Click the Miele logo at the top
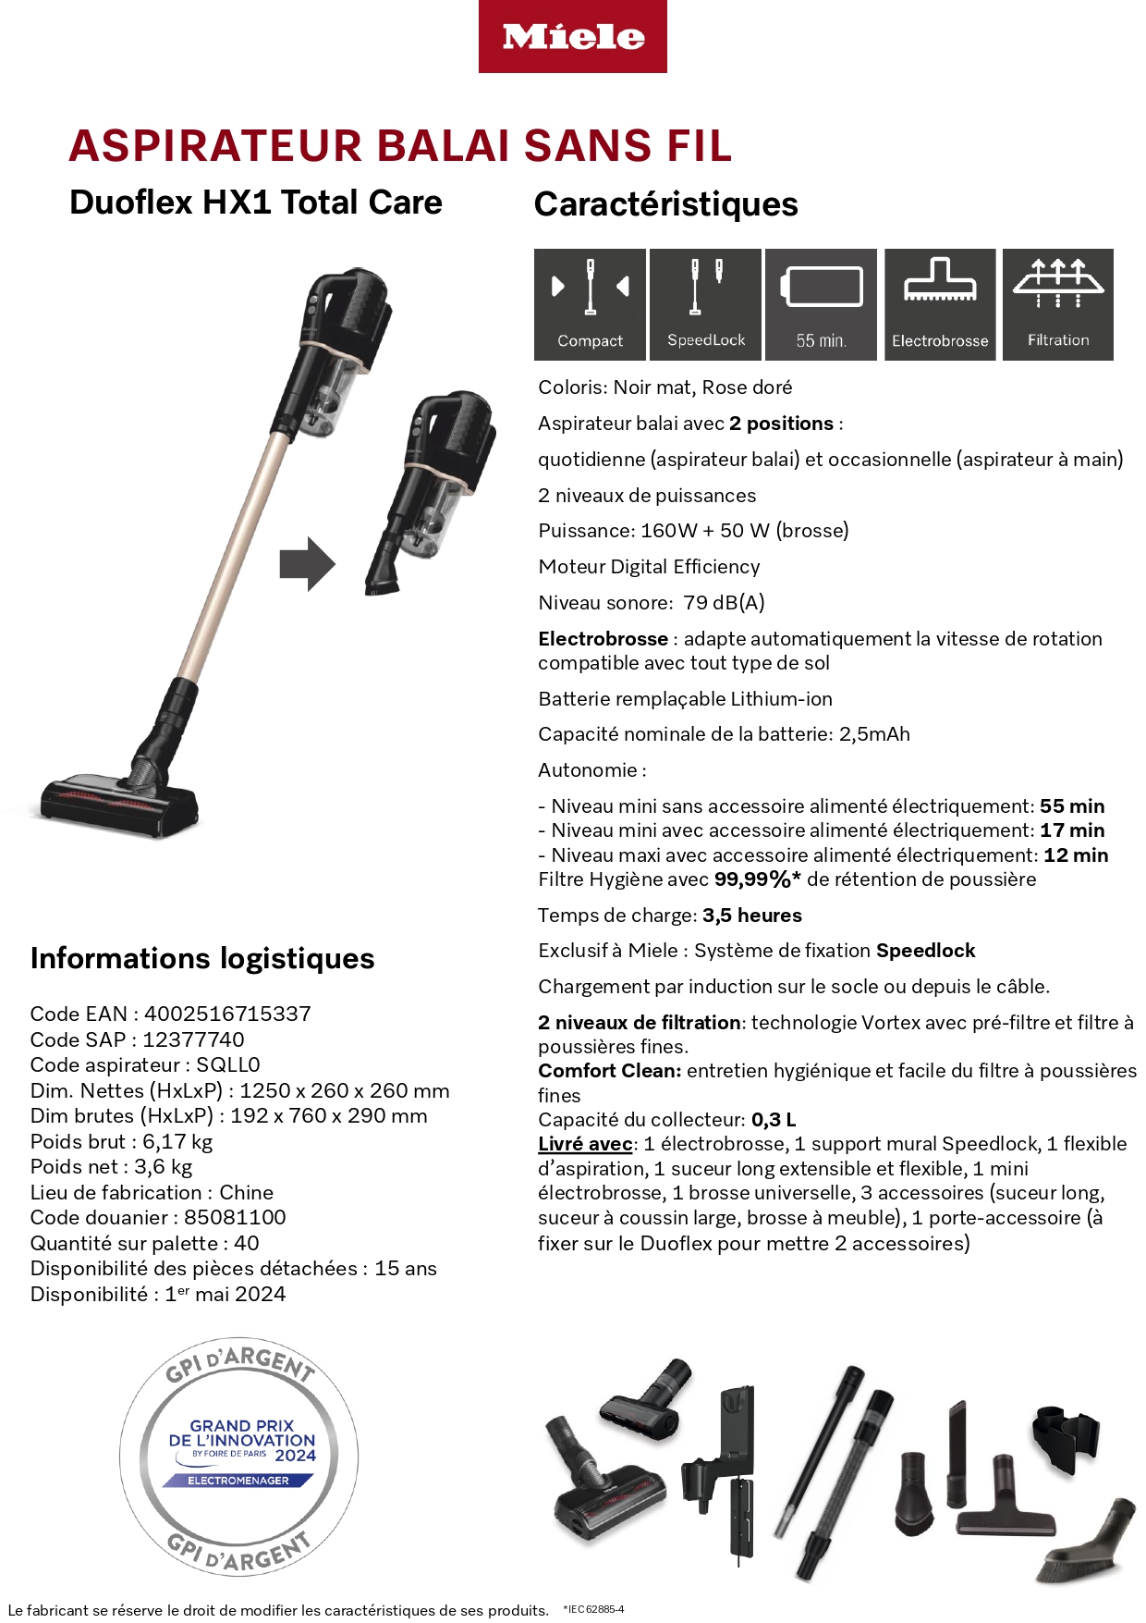pos(572,37)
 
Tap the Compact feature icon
pos(590,303)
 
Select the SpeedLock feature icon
pos(705,303)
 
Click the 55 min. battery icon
pos(821,303)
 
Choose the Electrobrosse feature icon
pos(939,303)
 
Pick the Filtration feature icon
pos(1057,303)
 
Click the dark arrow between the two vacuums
pos(307,563)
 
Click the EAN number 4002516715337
pos(227,1014)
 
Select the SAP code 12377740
pos(193,1039)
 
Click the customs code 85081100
pos(235,1217)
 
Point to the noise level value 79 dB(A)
pos(724,603)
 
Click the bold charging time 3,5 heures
pos(751,916)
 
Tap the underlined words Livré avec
pos(585,1144)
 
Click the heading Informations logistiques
pos(202,958)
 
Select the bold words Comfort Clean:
pos(609,1071)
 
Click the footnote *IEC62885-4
pos(593,1609)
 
